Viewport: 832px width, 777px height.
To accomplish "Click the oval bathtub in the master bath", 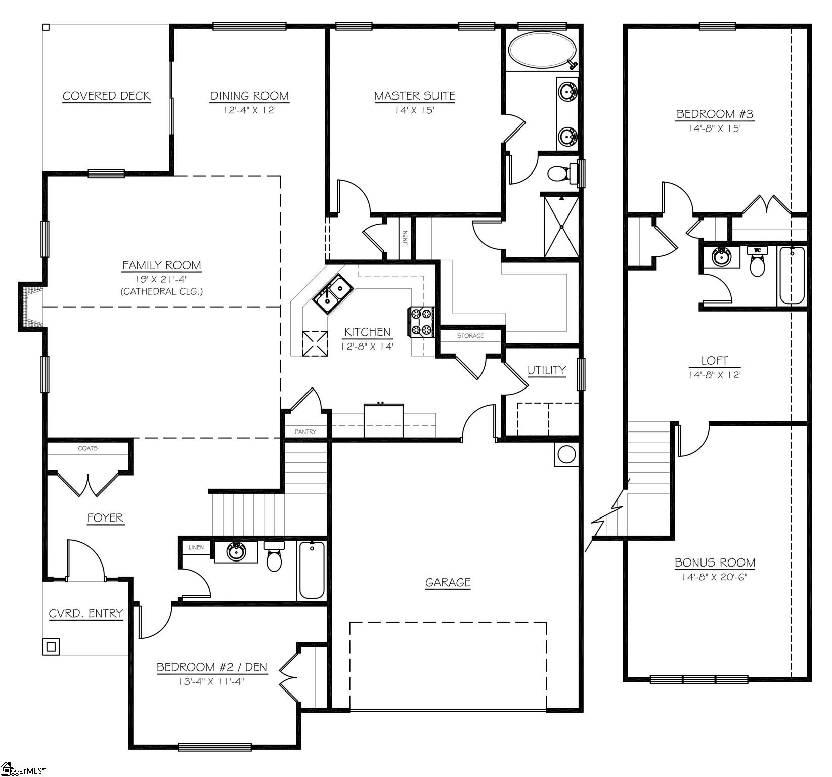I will point(542,51).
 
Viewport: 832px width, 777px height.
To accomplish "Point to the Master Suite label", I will point(414,96).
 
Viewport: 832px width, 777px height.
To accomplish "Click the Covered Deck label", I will point(106,96).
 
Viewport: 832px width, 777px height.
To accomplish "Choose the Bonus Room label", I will point(715,563).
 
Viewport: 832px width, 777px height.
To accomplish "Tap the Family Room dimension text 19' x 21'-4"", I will point(161,279).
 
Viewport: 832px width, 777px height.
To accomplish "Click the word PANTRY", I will point(305,431).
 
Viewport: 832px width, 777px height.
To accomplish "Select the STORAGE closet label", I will point(470,336).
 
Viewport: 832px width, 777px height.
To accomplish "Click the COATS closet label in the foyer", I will point(87,448).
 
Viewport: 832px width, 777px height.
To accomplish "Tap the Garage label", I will point(448,582).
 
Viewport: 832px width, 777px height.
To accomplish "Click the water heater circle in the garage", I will point(566,454).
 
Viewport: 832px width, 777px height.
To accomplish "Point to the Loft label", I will point(714,361).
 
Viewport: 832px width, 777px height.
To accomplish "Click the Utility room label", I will point(546,370).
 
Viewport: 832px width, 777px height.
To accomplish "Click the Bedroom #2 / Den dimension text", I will point(211,681).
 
